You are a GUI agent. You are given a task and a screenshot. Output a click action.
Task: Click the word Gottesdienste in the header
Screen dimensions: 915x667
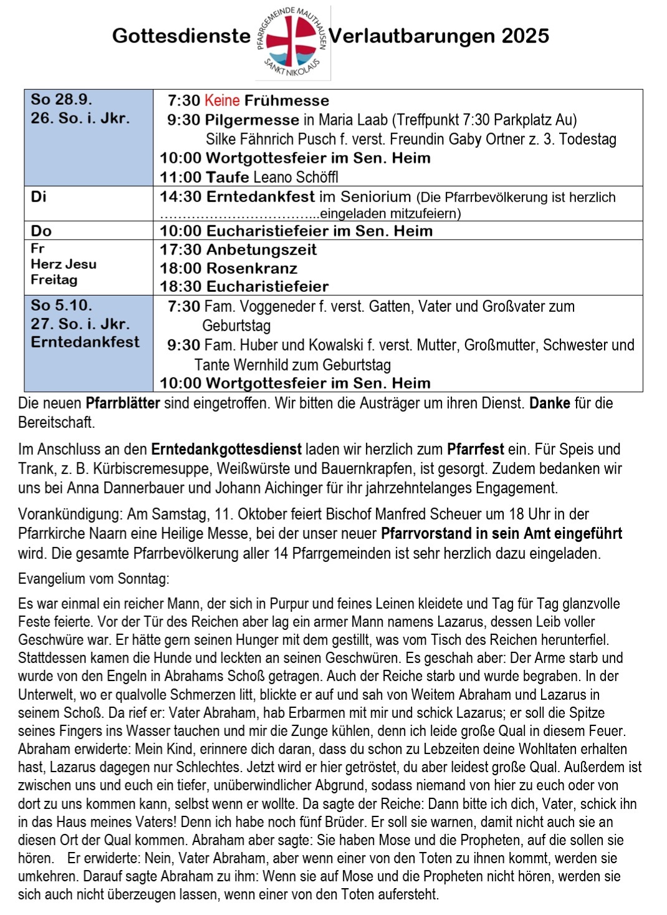coord(181,36)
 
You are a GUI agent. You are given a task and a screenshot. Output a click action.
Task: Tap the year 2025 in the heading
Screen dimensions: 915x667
coord(525,36)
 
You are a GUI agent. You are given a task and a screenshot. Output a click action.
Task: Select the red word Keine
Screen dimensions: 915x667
coord(222,100)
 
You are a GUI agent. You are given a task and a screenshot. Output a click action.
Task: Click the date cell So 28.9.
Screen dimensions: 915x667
coord(62,99)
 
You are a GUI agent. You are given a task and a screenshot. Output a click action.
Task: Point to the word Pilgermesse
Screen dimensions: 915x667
coord(252,120)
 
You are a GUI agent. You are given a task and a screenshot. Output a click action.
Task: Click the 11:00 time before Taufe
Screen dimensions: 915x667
coord(180,177)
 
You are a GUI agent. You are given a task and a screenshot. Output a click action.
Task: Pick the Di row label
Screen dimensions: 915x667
coord(39,197)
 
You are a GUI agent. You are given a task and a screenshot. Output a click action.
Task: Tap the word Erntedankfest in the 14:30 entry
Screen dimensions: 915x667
coord(261,197)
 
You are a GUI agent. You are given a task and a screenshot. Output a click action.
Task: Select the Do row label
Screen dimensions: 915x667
coord(41,231)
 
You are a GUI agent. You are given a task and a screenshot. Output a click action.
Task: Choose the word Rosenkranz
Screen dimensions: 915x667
coord(252,269)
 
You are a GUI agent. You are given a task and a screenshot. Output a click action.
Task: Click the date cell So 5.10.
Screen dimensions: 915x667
coord(62,306)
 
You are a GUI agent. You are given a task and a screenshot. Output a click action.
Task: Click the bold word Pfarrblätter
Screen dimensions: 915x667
coord(123,403)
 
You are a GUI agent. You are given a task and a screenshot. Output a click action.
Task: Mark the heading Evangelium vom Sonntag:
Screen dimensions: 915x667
coord(94,579)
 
